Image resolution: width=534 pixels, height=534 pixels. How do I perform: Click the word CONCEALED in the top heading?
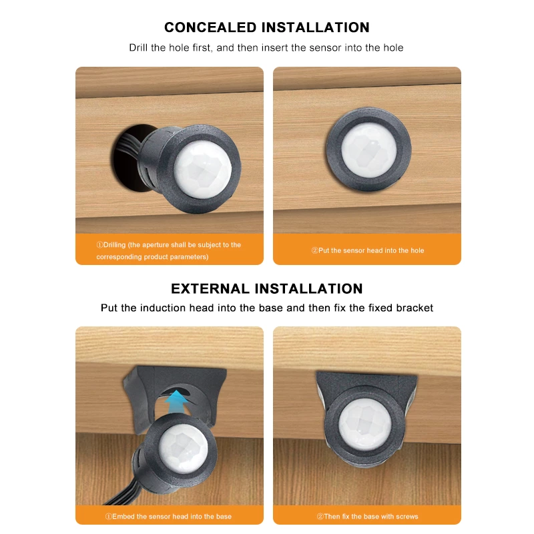[211, 27]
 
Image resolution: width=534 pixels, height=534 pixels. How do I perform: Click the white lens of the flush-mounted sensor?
[367, 149]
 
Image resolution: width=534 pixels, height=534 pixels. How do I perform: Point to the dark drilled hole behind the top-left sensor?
[127, 154]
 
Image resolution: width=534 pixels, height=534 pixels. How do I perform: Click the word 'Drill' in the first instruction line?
[140, 48]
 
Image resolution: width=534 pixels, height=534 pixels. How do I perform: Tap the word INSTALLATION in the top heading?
[315, 27]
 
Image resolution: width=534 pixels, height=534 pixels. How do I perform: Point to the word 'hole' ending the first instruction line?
[392, 48]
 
